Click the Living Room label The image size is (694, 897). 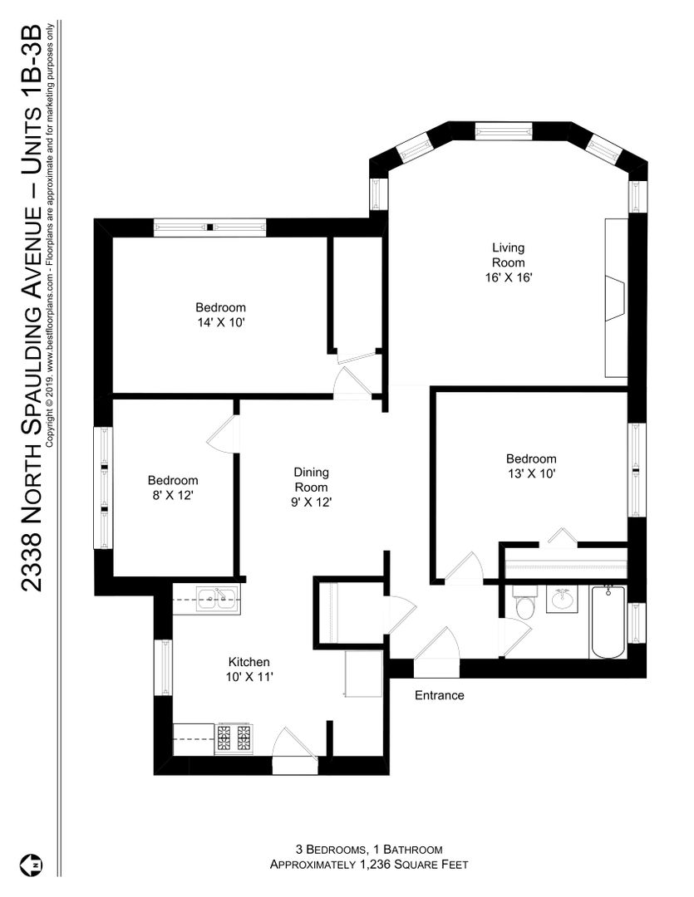[508, 255]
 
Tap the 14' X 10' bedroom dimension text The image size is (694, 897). [221, 322]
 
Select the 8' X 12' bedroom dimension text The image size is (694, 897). [173, 495]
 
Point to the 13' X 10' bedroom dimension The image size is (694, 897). [531, 473]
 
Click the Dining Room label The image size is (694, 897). [311, 479]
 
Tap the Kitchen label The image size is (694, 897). [249, 662]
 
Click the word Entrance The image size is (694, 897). [439, 695]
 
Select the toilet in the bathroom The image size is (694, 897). [524, 602]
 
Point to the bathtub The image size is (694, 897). [608, 622]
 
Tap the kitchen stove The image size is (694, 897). [234, 738]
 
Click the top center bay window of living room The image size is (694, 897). [504, 131]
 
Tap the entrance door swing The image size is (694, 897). [438, 645]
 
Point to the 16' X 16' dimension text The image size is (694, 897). [509, 277]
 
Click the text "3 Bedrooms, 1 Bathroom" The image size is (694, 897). [369, 850]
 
